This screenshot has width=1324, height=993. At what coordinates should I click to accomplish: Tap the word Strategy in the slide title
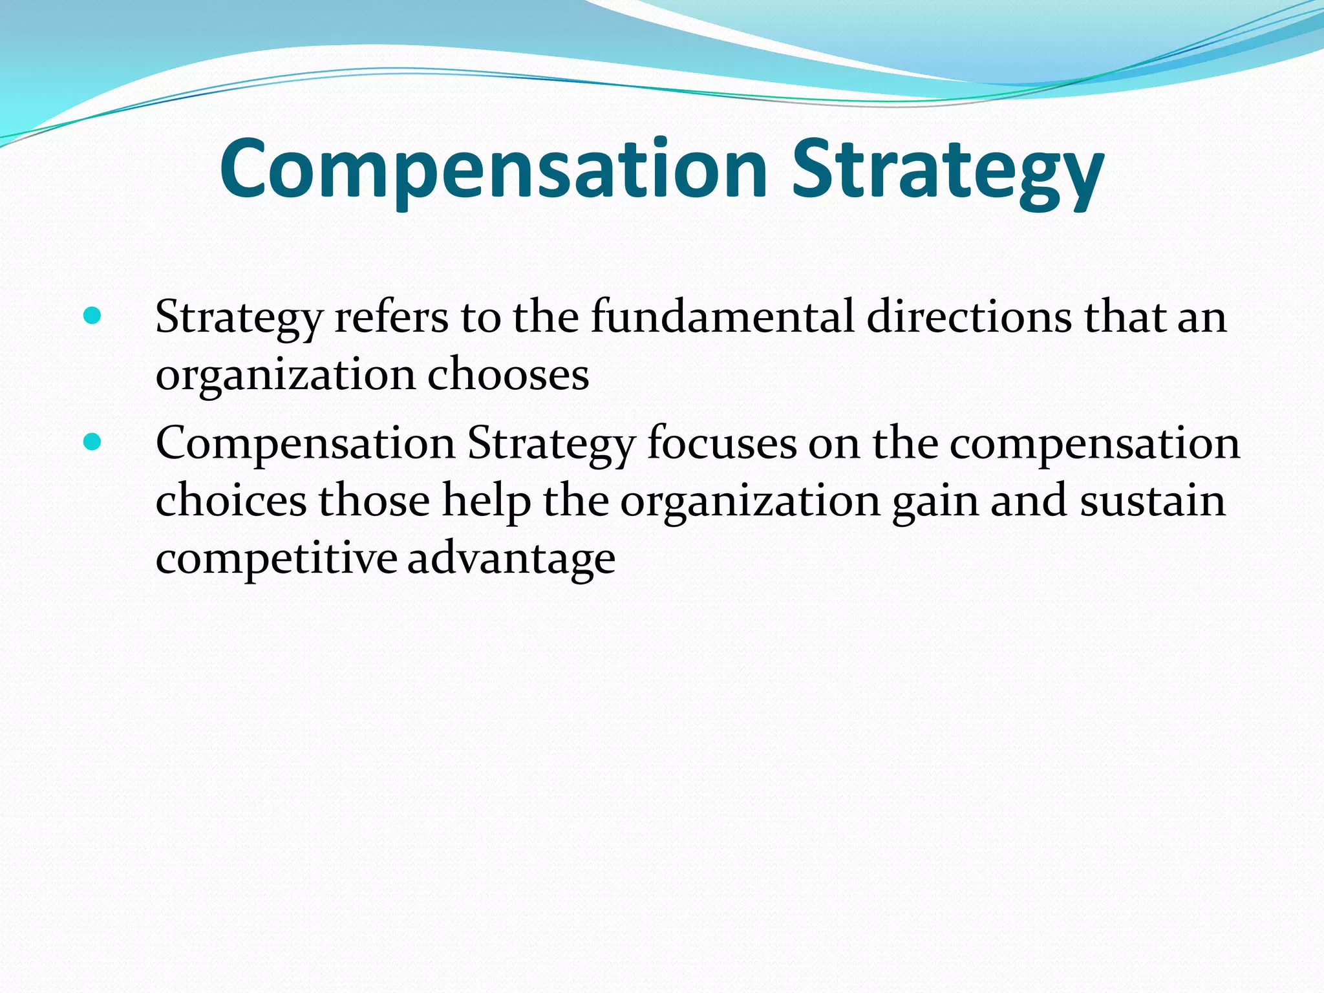click(948, 169)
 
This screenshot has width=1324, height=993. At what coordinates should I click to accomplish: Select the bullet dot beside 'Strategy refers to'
click(92, 315)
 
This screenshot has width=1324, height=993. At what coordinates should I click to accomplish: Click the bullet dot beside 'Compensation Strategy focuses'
click(92, 442)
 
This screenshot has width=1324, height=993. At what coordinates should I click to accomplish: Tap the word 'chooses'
click(508, 375)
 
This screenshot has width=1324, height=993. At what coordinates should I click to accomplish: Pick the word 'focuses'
click(721, 443)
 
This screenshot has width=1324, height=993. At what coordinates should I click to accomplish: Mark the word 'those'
click(374, 501)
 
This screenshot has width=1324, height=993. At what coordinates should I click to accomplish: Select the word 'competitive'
click(276, 558)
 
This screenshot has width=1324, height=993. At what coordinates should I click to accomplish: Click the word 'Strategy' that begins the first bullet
click(239, 318)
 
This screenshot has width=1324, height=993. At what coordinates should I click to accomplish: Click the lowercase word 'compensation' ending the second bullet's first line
click(1094, 445)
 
